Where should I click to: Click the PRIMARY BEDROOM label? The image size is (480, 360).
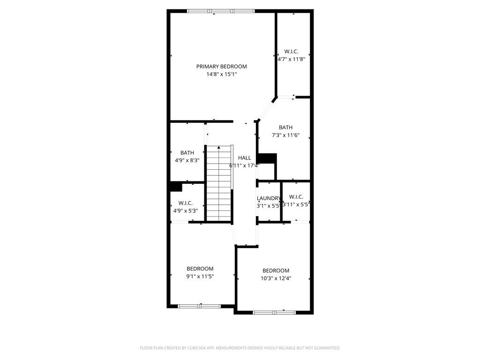coord(221,67)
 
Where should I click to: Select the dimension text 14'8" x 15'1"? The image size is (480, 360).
coord(221,74)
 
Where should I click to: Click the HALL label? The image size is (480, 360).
coord(244,158)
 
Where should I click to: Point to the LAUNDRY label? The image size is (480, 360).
coord(269,198)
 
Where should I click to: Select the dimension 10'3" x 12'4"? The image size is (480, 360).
coord(276,278)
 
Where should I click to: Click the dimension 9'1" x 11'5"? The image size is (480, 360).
coord(200,276)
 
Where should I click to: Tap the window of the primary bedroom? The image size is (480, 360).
coord(221,11)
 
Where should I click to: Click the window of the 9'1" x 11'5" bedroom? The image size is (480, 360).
coord(199,306)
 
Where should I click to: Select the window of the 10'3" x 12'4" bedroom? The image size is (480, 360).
coord(274,312)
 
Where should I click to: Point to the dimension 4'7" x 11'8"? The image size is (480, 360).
coord(291,59)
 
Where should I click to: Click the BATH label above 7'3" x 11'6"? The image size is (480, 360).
coord(285,127)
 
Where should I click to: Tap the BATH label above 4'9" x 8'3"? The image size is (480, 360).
coord(187,153)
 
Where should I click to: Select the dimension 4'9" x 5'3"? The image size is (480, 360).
coord(186,211)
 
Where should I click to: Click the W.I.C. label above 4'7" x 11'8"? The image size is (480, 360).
coord(291,52)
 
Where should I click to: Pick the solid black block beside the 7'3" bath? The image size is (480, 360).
coord(268,158)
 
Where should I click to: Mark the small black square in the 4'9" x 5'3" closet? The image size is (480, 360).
coord(175,187)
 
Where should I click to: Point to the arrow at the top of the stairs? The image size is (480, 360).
coord(219,148)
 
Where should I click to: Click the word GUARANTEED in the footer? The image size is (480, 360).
coord(327,348)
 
